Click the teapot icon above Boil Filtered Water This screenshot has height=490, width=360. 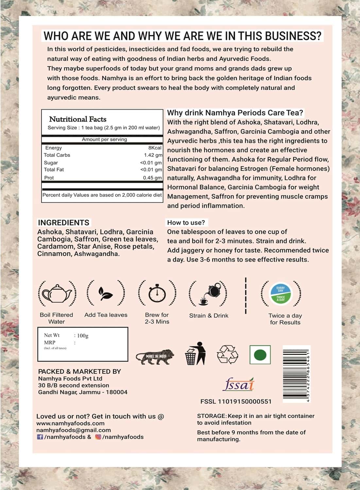click(57, 293)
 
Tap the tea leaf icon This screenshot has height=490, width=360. click(106, 293)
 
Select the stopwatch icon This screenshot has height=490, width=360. click(157, 293)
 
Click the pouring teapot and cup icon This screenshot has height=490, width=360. click(209, 293)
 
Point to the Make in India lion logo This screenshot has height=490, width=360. click(155, 356)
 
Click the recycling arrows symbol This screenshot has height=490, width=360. click(227, 355)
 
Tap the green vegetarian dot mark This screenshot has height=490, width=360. click(260, 355)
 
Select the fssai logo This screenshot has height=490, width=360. click(238, 384)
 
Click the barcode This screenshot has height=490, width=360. click(295, 374)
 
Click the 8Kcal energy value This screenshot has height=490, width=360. click(155, 148)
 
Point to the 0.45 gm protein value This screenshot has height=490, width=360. click(152, 178)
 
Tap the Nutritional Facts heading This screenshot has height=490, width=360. click(77, 119)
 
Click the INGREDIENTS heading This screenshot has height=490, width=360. click(63, 223)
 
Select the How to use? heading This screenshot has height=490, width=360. click(186, 223)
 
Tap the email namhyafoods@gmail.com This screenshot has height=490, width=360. click(74, 430)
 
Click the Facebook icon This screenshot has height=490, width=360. click(40, 437)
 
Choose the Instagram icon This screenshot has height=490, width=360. click(98, 437)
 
